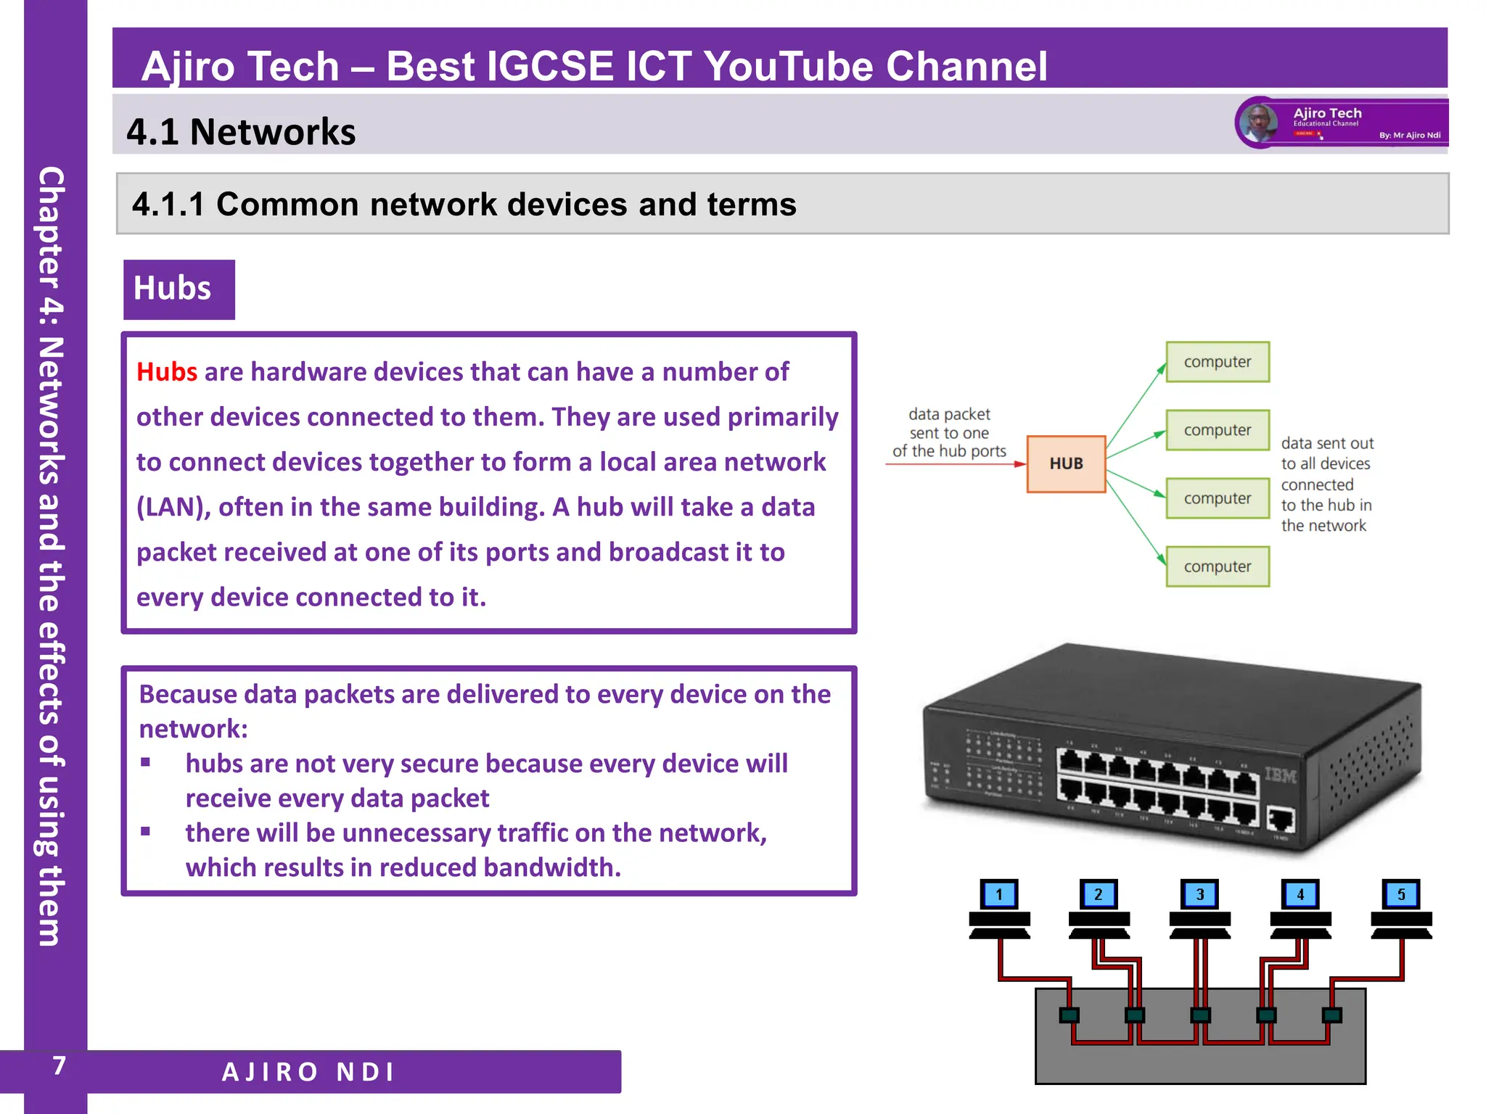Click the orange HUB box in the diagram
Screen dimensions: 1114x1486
pyautogui.click(x=1066, y=463)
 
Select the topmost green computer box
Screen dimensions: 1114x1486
pyautogui.click(x=1218, y=362)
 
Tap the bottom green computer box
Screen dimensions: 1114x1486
pyautogui.click(x=1218, y=566)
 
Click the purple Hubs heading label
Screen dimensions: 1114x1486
pyautogui.click(x=178, y=289)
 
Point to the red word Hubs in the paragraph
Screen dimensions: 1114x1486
pyautogui.click(x=167, y=372)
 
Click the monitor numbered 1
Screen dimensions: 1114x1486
pyautogui.click(x=999, y=894)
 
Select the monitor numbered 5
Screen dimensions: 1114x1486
pyautogui.click(x=1401, y=894)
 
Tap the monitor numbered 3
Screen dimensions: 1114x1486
pyautogui.click(x=1200, y=894)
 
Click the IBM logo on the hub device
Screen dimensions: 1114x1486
pyautogui.click(x=1281, y=775)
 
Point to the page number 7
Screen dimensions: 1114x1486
pyautogui.click(x=59, y=1065)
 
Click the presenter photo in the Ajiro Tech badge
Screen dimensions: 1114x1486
pyautogui.click(x=1258, y=122)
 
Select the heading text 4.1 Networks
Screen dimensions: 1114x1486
pyautogui.click(x=241, y=132)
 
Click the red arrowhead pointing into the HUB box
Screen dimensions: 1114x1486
pyautogui.click(x=1020, y=463)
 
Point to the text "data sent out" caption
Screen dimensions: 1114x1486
pyautogui.click(x=1327, y=443)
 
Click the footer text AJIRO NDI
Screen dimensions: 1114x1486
pyautogui.click(x=308, y=1072)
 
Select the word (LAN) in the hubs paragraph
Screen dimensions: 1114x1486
pyautogui.click(x=173, y=507)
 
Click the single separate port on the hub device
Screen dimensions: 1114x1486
pyautogui.click(x=1281, y=820)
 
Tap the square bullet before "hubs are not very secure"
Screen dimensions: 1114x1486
pyautogui.click(x=146, y=762)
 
